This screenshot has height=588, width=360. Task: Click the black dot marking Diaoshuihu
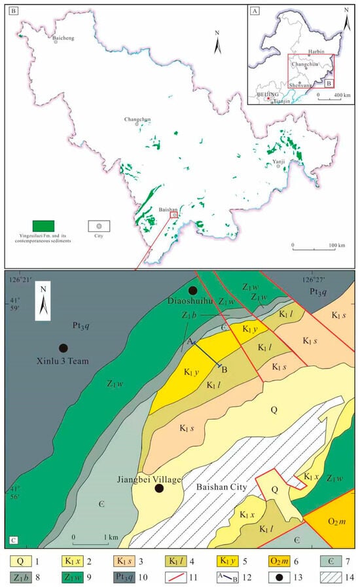[192, 290]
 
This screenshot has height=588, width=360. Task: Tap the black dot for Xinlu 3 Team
[63, 348]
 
